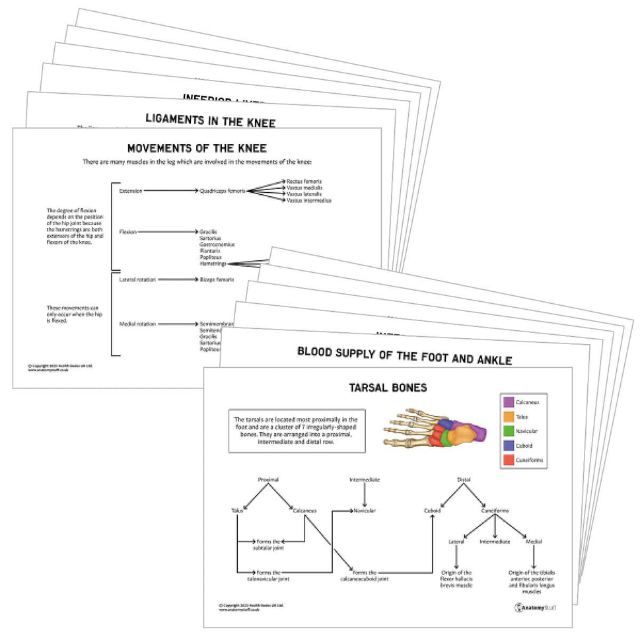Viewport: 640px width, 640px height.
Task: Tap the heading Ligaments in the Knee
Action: coord(210,120)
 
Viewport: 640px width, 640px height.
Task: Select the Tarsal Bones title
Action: coord(387,387)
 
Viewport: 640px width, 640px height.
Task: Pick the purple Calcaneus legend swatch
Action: coord(509,402)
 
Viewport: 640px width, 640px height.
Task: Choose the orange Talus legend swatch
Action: coord(509,417)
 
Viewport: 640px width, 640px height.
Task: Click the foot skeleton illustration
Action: coord(434,430)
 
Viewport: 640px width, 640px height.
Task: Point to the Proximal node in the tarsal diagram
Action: coord(268,480)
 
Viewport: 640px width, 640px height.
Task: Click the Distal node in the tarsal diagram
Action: coord(464,480)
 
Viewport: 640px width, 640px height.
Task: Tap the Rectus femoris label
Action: coord(304,181)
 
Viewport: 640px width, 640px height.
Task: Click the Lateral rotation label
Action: coord(137,279)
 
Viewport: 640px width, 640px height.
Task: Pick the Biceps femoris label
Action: coord(217,279)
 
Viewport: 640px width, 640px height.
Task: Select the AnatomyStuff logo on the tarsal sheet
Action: coord(534,606)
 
